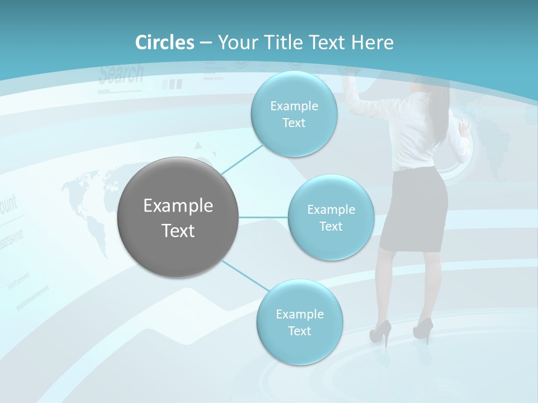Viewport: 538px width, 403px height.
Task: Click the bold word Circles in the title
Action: click(x=165, y=43)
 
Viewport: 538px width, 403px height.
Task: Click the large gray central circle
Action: click(x=178, y=217)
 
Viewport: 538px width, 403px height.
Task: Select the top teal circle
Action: click(x=294, y=114)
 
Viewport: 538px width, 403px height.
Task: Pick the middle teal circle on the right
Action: click(x=331, y=217)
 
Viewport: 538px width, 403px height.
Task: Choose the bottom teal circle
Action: click(x=299, y=322)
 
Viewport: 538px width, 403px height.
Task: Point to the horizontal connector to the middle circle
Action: click(x=263, y=217)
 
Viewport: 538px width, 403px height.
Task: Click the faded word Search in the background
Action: click(x=121, y=73)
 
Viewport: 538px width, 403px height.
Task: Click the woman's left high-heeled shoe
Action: click(x=380, y=334)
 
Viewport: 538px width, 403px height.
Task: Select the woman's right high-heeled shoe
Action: click(x=423, y=330)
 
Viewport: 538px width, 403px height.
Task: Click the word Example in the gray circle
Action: click(x=178, y=206)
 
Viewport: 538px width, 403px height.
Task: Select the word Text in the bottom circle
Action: click(x=299, y=331)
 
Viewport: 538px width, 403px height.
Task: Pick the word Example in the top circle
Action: click(x=294, y=106)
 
